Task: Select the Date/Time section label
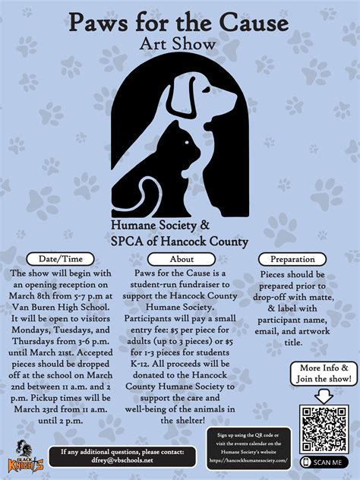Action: (61, 259)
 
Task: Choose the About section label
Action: (181, 259)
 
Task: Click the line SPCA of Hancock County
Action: (179, 242)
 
